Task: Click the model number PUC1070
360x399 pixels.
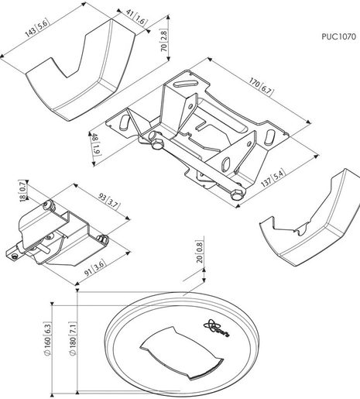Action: [x=338, y=36]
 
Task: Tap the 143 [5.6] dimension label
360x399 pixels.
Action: [x=36, y=28]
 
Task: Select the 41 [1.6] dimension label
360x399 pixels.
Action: [x=135, y=17]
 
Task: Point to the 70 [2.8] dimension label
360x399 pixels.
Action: [x=164, y=40]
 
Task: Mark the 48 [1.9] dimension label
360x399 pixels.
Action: [x=95, y=145]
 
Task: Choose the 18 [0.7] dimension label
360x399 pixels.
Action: [x=22, y=191]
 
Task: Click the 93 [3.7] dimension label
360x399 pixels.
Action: [x=109, y=201]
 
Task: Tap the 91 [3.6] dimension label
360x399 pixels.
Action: [x=95, y=268]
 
